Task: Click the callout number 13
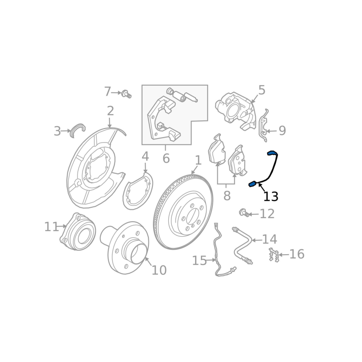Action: click(271, 197)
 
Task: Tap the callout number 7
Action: click(107, 92)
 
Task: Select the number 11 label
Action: click(51, 227)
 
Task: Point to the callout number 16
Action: click(296, 254)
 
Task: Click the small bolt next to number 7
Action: click(126, 94)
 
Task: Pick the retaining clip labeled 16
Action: click(273, 255)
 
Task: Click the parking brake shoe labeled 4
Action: click(138, 195)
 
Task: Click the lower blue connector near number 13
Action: click(252, 184)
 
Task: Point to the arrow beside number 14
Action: click(255, 240)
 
